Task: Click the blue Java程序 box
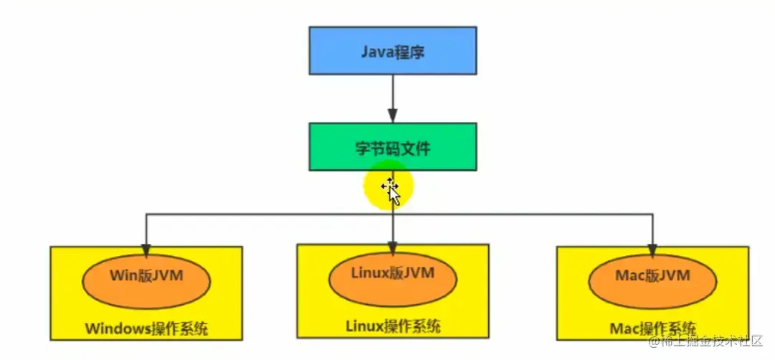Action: click(392, 50)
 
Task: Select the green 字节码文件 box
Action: click(392, 147)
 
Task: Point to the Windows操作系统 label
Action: click(146, 329)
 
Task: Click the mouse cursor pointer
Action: click(391, 190)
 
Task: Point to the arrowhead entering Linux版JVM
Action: click(393, 247)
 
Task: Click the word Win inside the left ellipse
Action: click(123, 275)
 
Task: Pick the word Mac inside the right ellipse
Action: click(629, 275)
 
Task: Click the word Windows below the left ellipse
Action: click(118, 329)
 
